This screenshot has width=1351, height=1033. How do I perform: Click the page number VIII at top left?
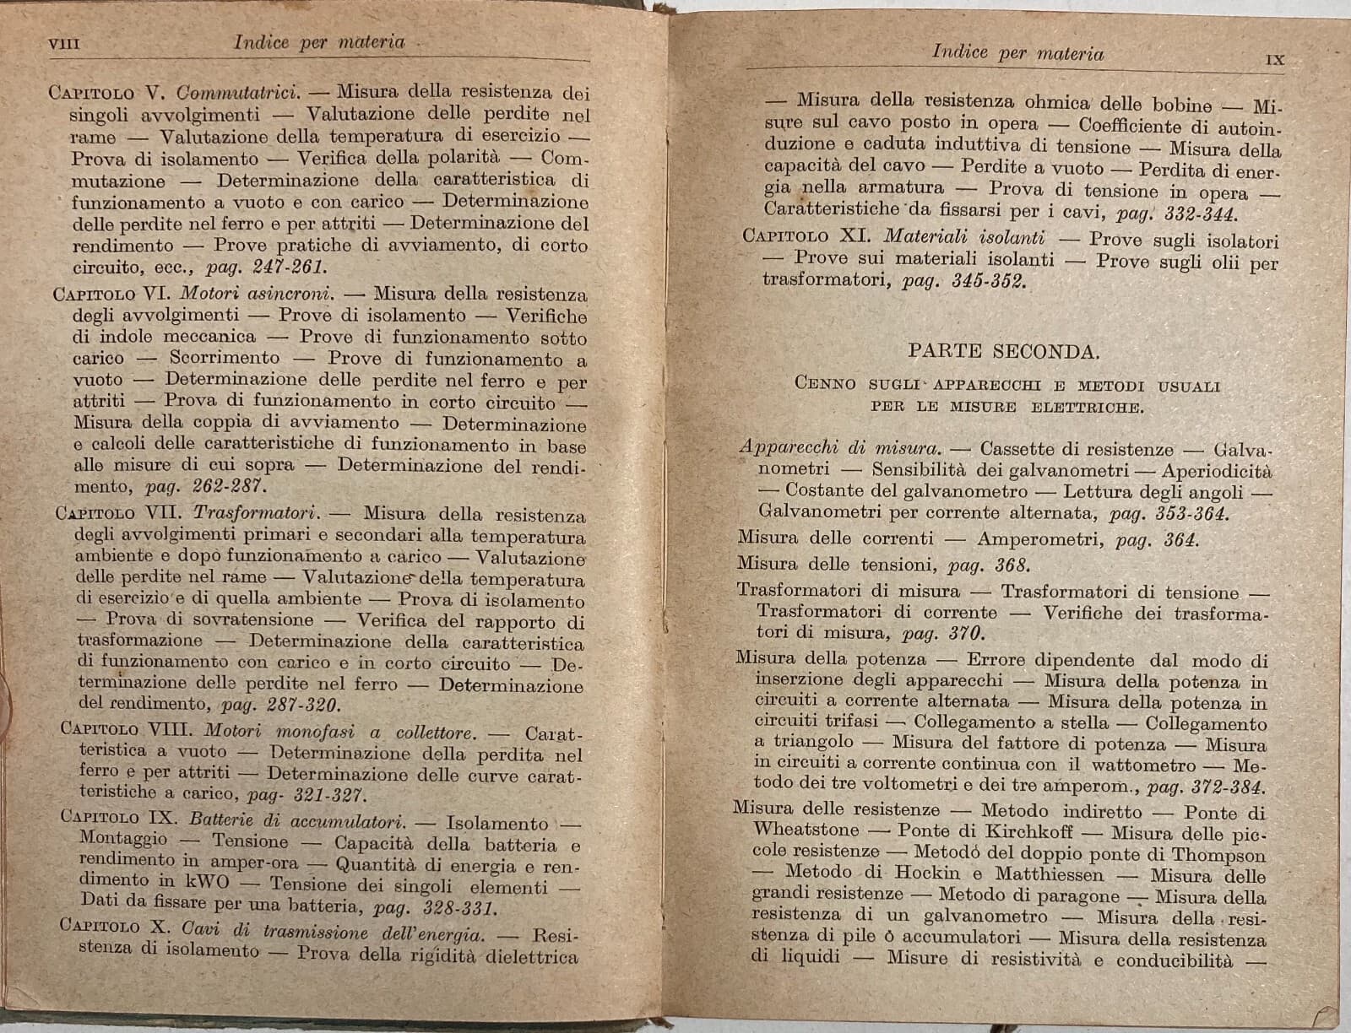[65, 43]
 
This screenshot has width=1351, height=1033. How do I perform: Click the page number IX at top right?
[1275, 60]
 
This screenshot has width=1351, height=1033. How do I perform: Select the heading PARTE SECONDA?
[1004, 351]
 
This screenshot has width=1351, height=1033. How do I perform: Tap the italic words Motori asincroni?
[258, 295]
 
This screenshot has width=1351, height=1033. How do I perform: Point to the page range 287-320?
[304, 705]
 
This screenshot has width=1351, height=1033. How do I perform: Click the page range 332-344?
[1201, 214]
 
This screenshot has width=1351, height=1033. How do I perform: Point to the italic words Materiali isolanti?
[964, 237]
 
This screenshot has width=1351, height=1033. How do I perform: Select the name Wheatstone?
[806, 830]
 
